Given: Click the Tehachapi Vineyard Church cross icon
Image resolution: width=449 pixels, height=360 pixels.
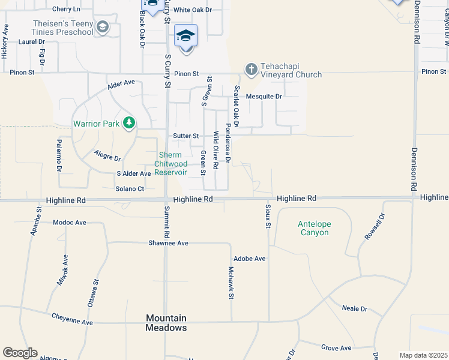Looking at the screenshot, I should click(251, 68).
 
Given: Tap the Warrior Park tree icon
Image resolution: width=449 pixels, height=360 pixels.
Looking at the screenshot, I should click(128, 124).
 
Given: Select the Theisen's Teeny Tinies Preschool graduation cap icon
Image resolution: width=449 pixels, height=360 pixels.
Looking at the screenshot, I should click(103, 27).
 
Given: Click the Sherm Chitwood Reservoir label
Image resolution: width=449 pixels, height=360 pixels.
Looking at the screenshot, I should click(171, 164).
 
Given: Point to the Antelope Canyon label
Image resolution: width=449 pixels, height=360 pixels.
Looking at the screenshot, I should click(313, 228).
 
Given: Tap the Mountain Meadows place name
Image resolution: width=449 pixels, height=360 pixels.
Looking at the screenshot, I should click(166, 323).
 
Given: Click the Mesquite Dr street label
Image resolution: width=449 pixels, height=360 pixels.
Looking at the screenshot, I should click(266, 96).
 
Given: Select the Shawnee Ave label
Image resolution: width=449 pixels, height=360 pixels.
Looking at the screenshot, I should click(169, 243).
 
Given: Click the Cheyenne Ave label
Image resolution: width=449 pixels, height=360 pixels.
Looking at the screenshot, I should click(72, 319).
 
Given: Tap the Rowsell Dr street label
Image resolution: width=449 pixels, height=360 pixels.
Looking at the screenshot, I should click(373, 227).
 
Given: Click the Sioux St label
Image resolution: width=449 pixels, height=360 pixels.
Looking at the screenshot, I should click(268, 216).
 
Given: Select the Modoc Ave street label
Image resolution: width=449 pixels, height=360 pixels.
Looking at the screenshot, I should click(70, 222).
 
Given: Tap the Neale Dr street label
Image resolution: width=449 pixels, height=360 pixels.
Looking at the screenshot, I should click(354, 308).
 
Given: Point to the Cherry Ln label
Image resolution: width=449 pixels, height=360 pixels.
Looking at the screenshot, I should click(66, 9).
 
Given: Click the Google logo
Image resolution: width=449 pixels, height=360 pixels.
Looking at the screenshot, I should click(20, 353).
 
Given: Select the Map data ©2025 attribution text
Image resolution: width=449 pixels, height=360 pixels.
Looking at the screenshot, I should click(423, 355).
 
